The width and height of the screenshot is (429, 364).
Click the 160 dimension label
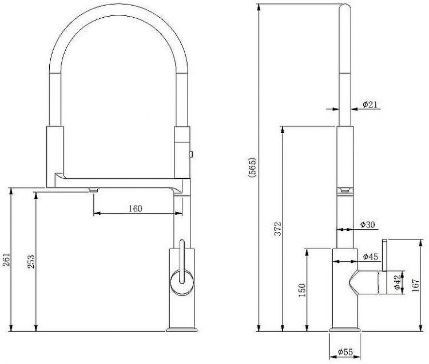click(x=136, y=209)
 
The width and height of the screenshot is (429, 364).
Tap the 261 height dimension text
click(x=6, y=259)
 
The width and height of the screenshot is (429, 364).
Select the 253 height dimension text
click(x=31, y=261)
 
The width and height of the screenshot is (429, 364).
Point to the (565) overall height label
click(x=252, y=167)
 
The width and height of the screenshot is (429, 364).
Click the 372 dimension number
click(x=278, y=228)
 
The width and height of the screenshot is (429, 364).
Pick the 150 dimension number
click(x=302, y=290)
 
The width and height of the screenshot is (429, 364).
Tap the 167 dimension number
click(x=416, y=285)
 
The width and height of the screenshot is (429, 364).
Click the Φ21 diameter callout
click(x=370, y=105)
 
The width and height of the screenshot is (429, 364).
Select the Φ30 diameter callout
click(x=367, y=225)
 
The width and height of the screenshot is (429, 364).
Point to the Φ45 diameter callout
click(x=371, y=257)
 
